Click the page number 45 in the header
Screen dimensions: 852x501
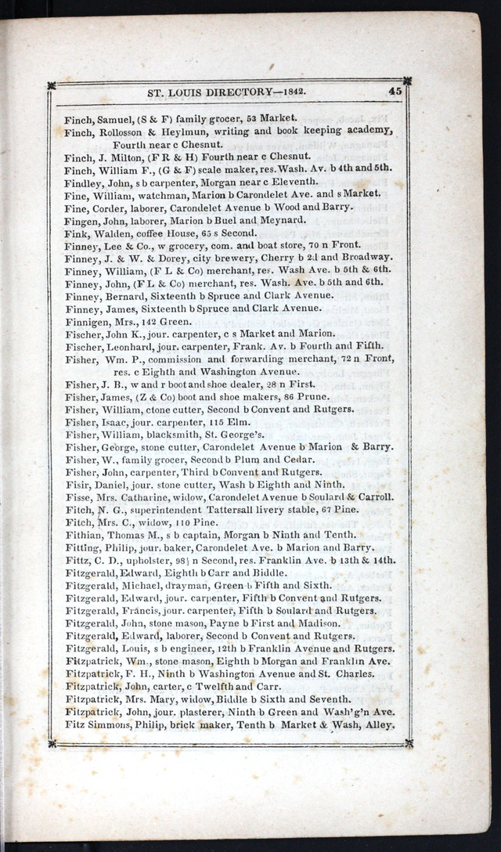click(395, 91)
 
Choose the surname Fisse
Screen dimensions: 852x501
click(79, 497)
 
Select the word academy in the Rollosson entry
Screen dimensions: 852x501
click(366, 131)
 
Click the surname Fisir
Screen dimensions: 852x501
click(78, 485)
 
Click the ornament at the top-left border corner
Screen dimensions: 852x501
click(52, 85)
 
